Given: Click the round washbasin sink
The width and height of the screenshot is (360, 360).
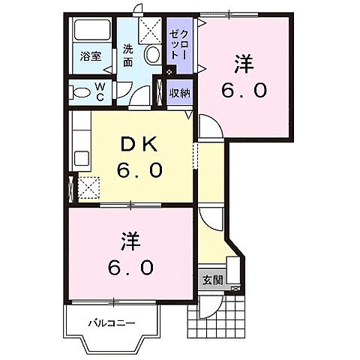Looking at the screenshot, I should click(x=152, y=53).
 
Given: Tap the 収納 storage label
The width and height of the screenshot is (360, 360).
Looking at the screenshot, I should click(x=178, y=94).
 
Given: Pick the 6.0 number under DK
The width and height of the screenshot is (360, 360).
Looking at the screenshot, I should click(x=139, y=171).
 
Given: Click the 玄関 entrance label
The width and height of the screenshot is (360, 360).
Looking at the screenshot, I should click(x=213, y=280).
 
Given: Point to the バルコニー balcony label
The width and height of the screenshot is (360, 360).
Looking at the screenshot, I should click(x=110, y=323).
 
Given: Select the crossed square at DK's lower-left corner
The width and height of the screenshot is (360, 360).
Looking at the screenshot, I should click(x=88, y=187).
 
